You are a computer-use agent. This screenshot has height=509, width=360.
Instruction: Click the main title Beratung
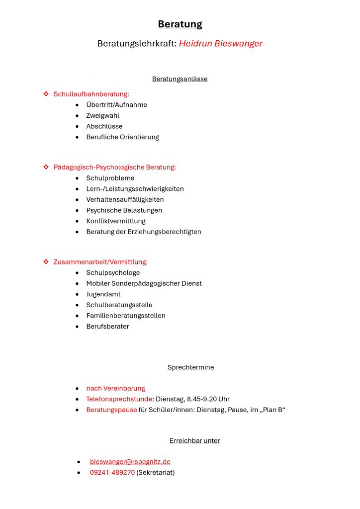pos(180,24)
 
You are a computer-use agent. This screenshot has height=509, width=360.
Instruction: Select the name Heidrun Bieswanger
pos(221,43)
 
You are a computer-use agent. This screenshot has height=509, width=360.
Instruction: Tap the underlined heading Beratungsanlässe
pos(180,79)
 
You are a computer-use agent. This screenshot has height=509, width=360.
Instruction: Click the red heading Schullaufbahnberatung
pos(91,94)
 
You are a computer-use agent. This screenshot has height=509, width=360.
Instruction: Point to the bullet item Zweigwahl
pos(103,115)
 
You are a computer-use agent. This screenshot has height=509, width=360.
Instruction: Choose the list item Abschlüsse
pos(104,126)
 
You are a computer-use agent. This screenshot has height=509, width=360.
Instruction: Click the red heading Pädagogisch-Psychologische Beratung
pos(115,167)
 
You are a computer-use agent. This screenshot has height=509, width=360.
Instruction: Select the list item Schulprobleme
pos(110,178)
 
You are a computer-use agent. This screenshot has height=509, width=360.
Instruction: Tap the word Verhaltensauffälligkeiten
pos(125,199)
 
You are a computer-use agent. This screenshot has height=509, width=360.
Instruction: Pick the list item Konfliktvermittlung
pos(116,221)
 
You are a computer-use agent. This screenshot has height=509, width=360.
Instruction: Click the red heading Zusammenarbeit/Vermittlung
pos(101,261)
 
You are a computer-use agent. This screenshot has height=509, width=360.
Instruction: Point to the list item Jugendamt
pos(103,294)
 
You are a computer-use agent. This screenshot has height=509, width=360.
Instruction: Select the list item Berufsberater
pos(107,326)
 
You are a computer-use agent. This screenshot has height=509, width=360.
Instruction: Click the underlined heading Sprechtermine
pos(190,367)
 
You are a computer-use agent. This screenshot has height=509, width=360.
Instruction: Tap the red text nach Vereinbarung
pos(116,388)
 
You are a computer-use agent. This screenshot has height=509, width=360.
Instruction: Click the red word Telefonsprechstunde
pos(119,399)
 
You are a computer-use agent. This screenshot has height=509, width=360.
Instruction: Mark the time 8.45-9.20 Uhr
pos(208,399)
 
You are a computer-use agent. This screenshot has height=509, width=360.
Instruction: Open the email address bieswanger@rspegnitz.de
pos(130,462)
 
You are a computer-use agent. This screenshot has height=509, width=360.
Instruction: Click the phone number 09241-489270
pos(112,472)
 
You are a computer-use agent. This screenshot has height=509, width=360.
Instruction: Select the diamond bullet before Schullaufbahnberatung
pos(46,93)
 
